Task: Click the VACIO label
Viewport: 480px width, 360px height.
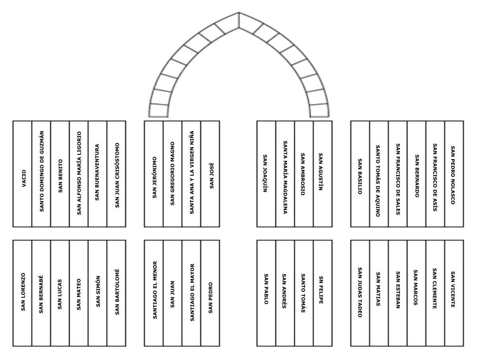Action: tap(24, 178)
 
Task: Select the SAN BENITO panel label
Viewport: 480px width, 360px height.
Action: tap(61, 176)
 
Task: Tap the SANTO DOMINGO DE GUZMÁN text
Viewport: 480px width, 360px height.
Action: tap(42, 171)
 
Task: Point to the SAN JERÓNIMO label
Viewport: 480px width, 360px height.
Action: tap(154, 177)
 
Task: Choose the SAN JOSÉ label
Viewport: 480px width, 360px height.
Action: tap(212, 176)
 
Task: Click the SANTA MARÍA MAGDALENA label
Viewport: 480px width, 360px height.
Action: tap(285, 177)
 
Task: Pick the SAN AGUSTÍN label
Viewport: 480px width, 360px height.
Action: tap(320, 172)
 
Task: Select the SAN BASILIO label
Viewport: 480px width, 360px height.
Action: tap(360, 176)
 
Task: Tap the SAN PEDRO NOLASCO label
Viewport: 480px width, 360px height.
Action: tap(453, 175)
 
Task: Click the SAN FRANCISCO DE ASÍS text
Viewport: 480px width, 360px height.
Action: tap(435, 177)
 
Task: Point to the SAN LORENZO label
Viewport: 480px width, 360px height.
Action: tap(23, 292)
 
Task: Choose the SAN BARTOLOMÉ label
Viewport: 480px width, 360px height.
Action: tap(117, 292)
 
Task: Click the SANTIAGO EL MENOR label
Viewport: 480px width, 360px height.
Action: tap(155, 290)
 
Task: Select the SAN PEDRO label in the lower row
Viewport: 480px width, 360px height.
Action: tap(210, 298)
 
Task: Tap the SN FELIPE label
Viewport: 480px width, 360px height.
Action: tap(321, 290)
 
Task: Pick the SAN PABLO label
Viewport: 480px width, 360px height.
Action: tap(266, 289)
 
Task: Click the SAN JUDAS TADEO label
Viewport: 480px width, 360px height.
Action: tap(360, 292)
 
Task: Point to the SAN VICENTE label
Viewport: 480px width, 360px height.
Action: tap(453, 289)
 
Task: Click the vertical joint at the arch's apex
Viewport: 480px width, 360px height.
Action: tap(239, 20)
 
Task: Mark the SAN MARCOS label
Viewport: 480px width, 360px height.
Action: tap(416, 287)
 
